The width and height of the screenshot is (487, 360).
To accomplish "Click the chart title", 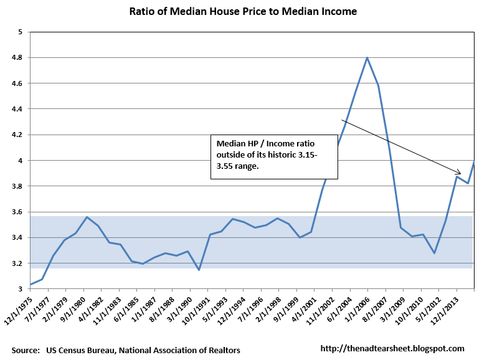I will (243, 11).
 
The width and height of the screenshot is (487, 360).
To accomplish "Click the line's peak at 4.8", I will (367, 58).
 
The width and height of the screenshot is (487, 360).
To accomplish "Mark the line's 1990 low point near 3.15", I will (199, 270).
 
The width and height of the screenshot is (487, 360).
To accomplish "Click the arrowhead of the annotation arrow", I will (460, 174).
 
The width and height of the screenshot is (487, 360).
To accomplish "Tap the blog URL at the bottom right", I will (392, 349).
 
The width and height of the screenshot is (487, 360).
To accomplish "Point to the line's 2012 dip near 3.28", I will (434, 253).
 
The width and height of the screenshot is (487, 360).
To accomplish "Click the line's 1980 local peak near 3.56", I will (87, 217).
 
